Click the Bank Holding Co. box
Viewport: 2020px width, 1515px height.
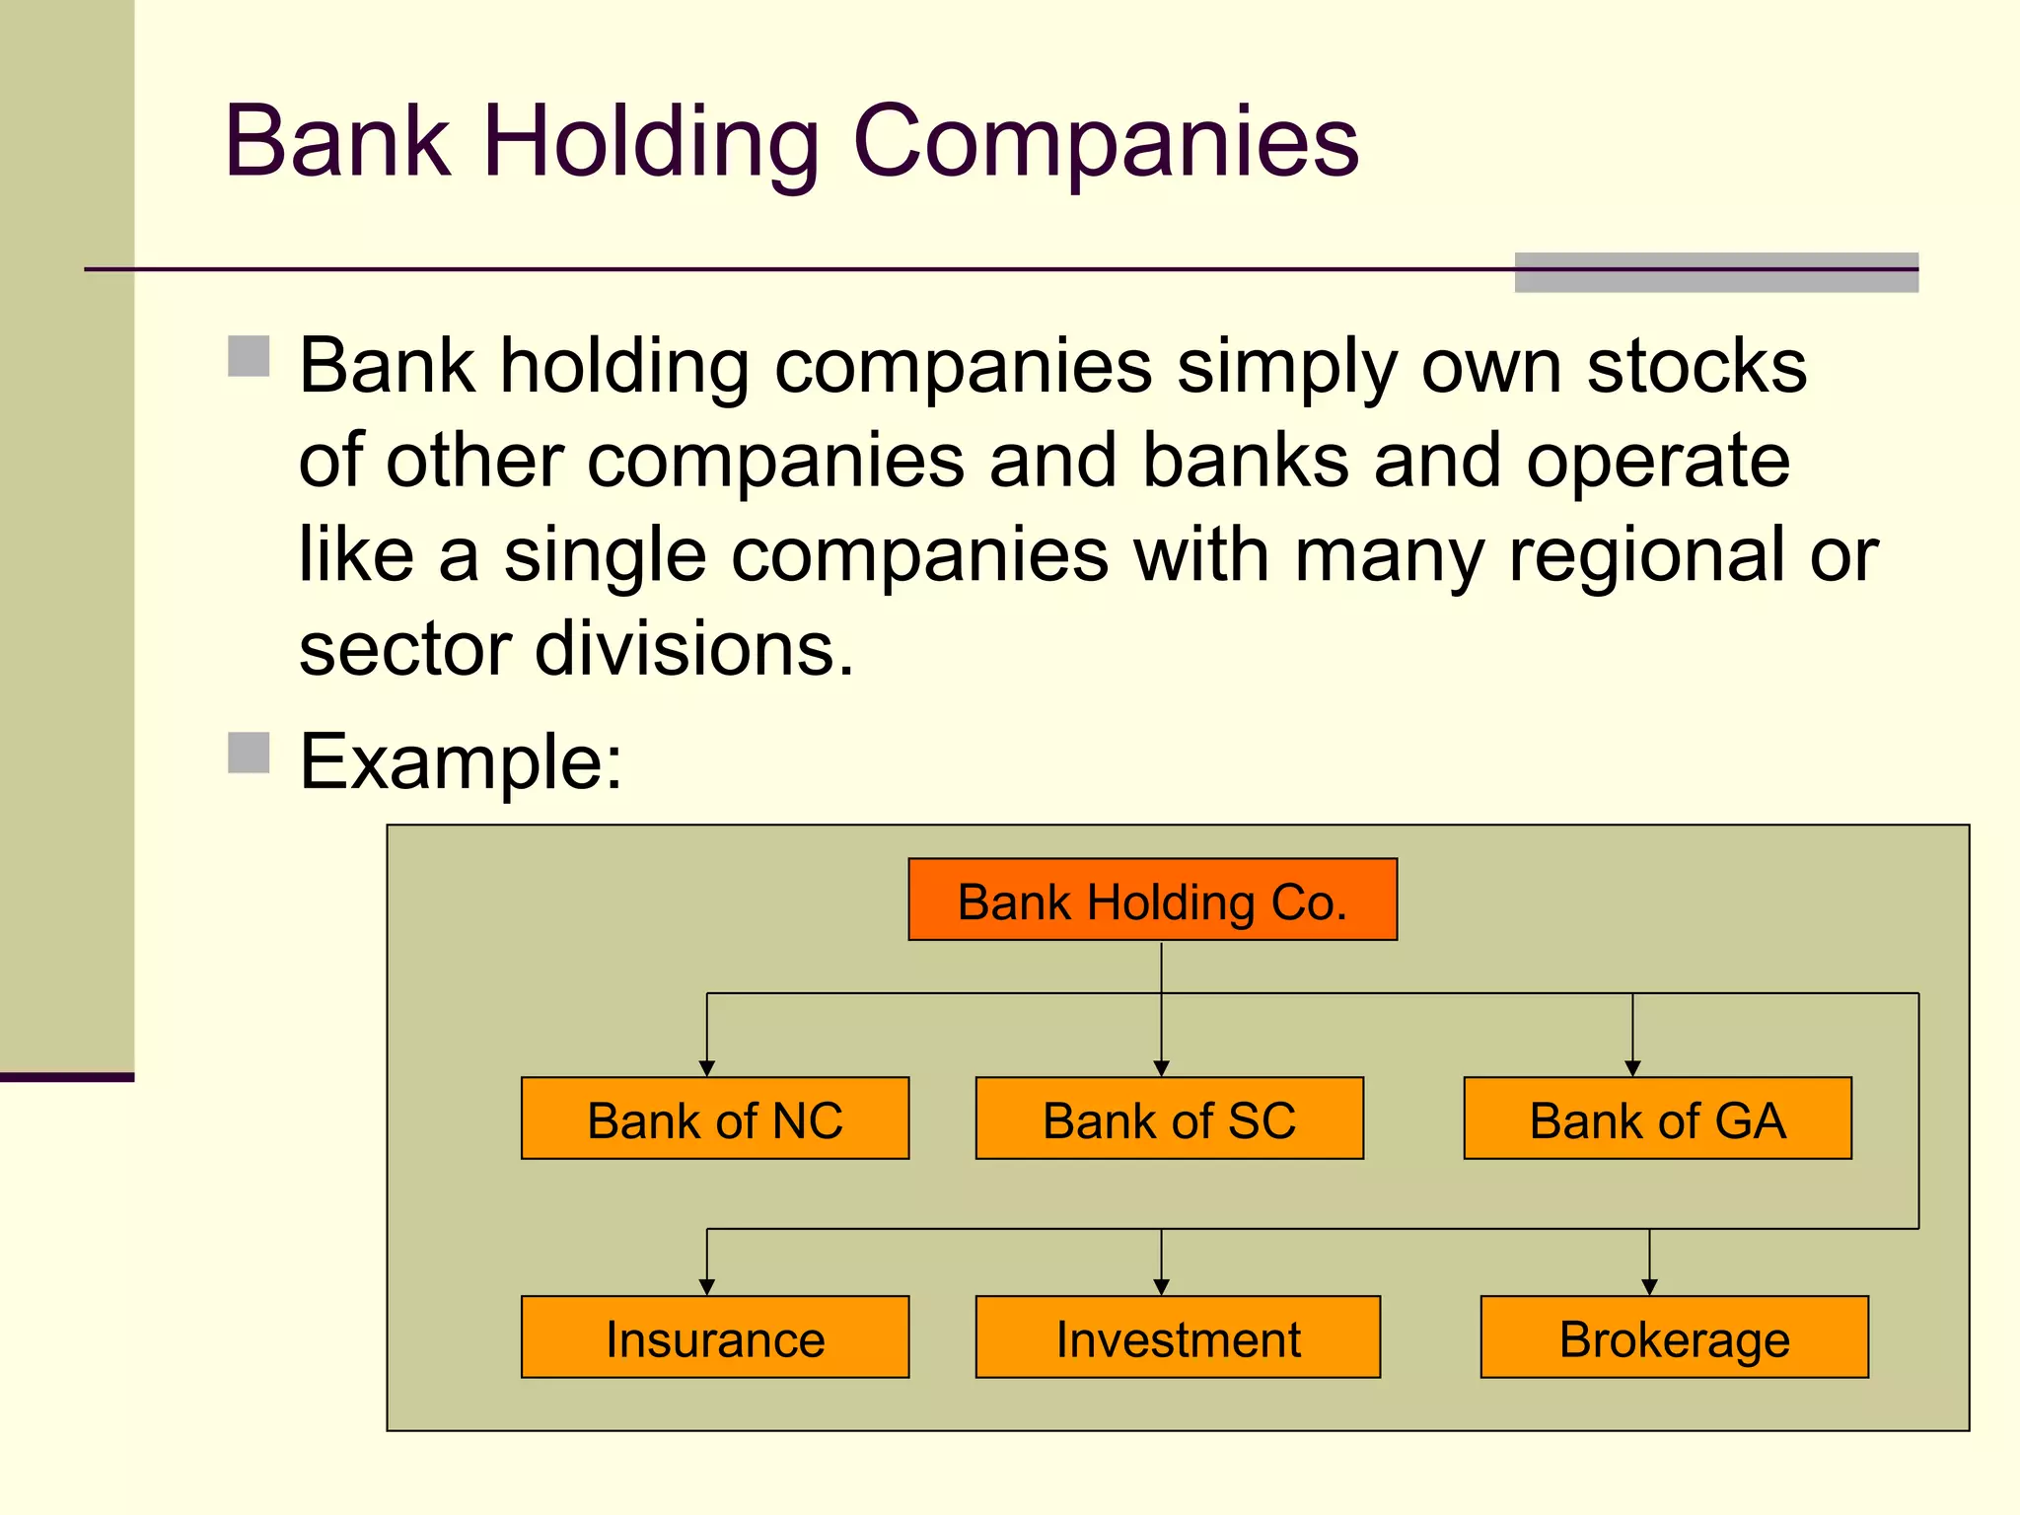click(x=1152, y=900)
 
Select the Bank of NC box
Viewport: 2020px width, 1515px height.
click(x=715, y=1118)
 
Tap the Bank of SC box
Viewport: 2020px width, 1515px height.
click(x=1169, y=1118)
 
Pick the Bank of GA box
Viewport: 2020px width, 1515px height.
click(x=1657, y=1118)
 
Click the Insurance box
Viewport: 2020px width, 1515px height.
click(x=715, y=1337)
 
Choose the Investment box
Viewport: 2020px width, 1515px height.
click(x=1178, y=1337)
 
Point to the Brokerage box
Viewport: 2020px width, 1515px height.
click(x=1674, y=1337)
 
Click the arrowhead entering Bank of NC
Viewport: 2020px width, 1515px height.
click(x=706, y=1068)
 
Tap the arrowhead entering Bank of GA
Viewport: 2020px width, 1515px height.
click(x=1632, y=1068)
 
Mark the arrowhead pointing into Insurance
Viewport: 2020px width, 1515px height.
click(x=706, y=1287)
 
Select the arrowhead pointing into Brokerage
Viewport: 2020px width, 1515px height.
click(x=1649, y=1287)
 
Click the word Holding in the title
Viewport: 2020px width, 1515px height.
click(x=651, y=142)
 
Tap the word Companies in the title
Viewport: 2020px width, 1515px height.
click(x=1106, y=142)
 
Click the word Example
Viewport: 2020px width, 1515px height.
click(x=461, y=761)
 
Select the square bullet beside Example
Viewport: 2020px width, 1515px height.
click(x=249, y=753)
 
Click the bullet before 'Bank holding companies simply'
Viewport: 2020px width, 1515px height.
click(x=249, y=357)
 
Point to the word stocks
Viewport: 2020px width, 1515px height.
click(x=1696, y=366)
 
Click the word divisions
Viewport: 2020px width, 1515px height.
click(x=694, y=650)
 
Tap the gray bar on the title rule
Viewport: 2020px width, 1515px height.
click(x=1716, y=273)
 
